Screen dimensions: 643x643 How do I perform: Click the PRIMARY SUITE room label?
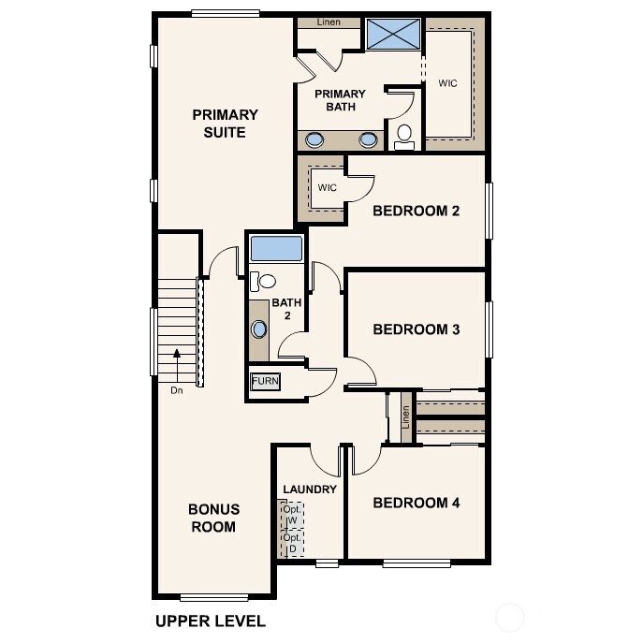225,124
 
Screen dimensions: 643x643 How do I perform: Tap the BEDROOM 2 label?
416,211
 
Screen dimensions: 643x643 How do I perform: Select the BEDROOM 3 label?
416,329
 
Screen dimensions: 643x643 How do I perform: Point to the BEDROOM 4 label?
416,503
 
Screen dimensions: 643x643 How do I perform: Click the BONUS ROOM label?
214,518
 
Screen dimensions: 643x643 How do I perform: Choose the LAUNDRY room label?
310,490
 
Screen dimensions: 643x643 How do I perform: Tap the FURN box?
265,382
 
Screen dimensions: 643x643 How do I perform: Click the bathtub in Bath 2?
276,249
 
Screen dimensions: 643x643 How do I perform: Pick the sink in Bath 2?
259,329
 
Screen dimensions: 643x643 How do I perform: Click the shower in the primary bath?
392,36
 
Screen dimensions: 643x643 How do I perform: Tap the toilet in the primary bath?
404,136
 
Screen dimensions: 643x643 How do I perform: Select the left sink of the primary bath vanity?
315,140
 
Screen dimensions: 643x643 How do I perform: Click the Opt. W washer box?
292,515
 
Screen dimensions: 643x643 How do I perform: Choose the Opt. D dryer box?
292,543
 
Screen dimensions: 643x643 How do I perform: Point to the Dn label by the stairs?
176,390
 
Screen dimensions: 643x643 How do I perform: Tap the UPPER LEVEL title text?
210,621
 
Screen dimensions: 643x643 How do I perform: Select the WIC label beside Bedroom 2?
327,188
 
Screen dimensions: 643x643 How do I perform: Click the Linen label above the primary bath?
329,22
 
